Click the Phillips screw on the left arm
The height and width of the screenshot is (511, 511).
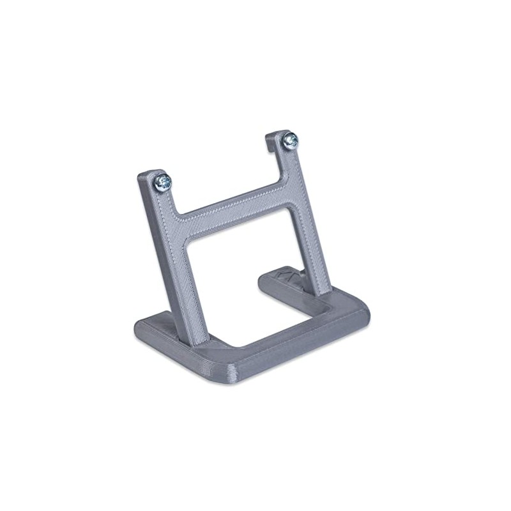pos(163,183)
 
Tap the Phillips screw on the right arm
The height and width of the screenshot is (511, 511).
pos(291,139)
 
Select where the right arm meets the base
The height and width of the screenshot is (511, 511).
pos(328,293)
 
